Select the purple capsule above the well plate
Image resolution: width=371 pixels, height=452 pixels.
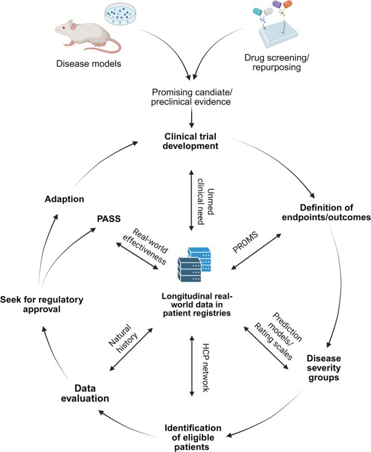click(277, 4)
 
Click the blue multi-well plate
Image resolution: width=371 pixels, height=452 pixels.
click(278, 34)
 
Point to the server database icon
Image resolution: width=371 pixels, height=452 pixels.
click(194, 264)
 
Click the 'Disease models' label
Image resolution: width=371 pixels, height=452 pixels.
click(89, 63)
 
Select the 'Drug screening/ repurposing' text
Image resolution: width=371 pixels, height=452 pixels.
click(277, 62)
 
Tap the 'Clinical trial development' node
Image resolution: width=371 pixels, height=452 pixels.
click(191, 141)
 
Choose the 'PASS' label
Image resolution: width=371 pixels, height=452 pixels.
click(109, 219)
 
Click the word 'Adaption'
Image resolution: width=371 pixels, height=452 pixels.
click(64, 199)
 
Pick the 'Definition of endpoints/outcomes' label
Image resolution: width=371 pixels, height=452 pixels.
click(326, 212)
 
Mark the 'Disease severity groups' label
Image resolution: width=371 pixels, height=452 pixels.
click(324, 368)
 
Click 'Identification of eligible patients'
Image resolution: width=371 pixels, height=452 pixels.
click(193, 437)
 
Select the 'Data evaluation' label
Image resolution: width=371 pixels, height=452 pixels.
click(85, 393)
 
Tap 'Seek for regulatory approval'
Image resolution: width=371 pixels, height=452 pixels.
click(41, 304)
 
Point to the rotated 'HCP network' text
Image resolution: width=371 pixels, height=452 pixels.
click(205, 367)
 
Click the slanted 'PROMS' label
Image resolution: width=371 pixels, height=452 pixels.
click(245, 242)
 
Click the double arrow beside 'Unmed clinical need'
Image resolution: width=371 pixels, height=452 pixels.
click(191, 201)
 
